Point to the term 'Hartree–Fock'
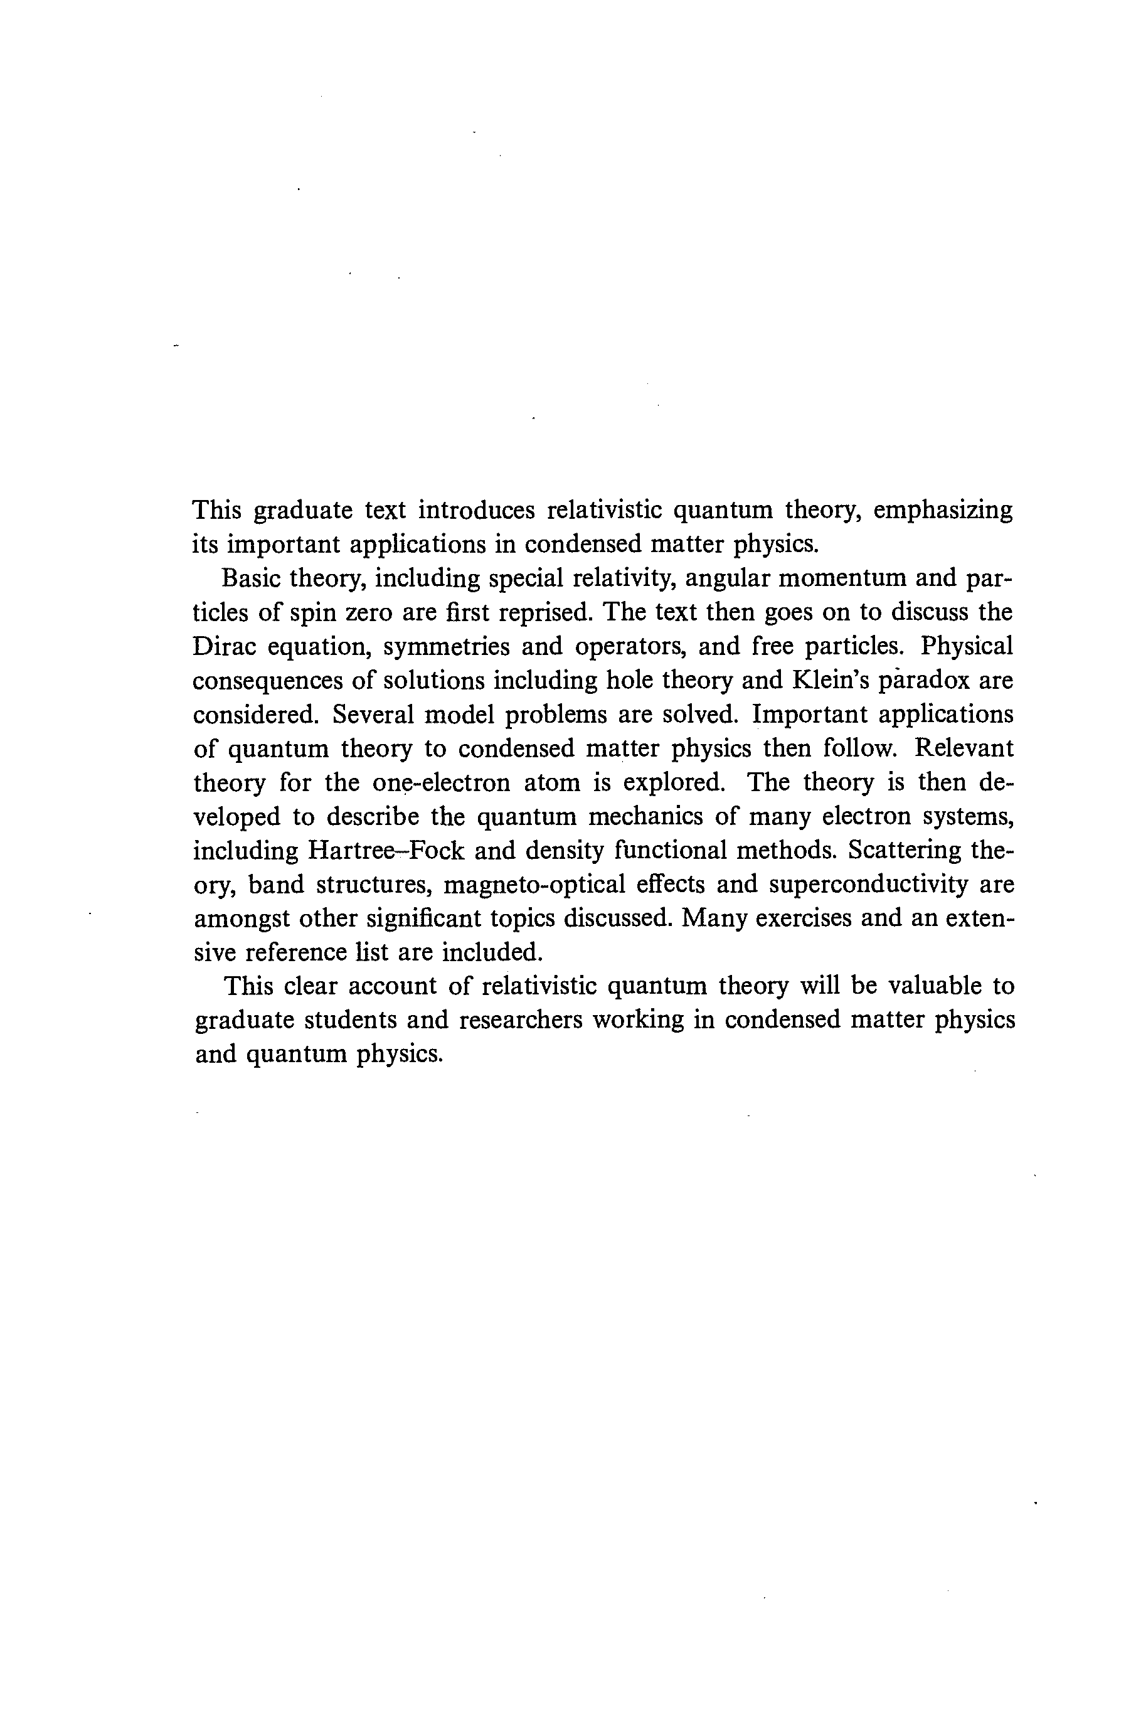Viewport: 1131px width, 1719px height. [386, 850]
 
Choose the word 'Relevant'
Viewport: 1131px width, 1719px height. [964, 748]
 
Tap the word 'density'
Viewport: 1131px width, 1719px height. [564, 850]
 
